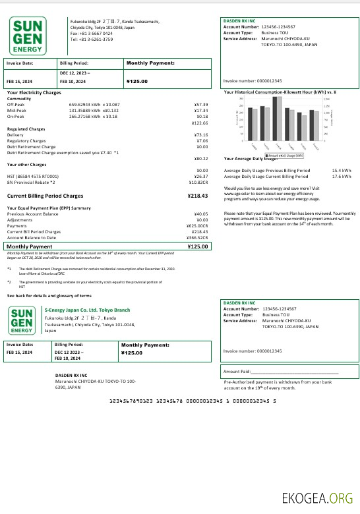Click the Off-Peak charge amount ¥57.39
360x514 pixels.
click(201, 105)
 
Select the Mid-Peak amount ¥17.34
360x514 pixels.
click(201, 111)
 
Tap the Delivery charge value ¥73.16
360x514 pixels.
click(201, 135)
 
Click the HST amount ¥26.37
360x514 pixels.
click(201, 176)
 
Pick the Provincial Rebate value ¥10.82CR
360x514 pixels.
click(198, 182)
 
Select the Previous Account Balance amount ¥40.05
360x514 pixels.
click(201, 214)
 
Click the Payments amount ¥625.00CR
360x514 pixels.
click(198, 226)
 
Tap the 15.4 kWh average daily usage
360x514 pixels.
click(341, 171)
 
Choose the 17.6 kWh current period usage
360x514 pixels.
click(341, 177)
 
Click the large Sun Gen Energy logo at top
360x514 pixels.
click(28, 37)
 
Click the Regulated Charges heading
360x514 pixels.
click(26, 129)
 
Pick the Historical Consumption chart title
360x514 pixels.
click(281, 92)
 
